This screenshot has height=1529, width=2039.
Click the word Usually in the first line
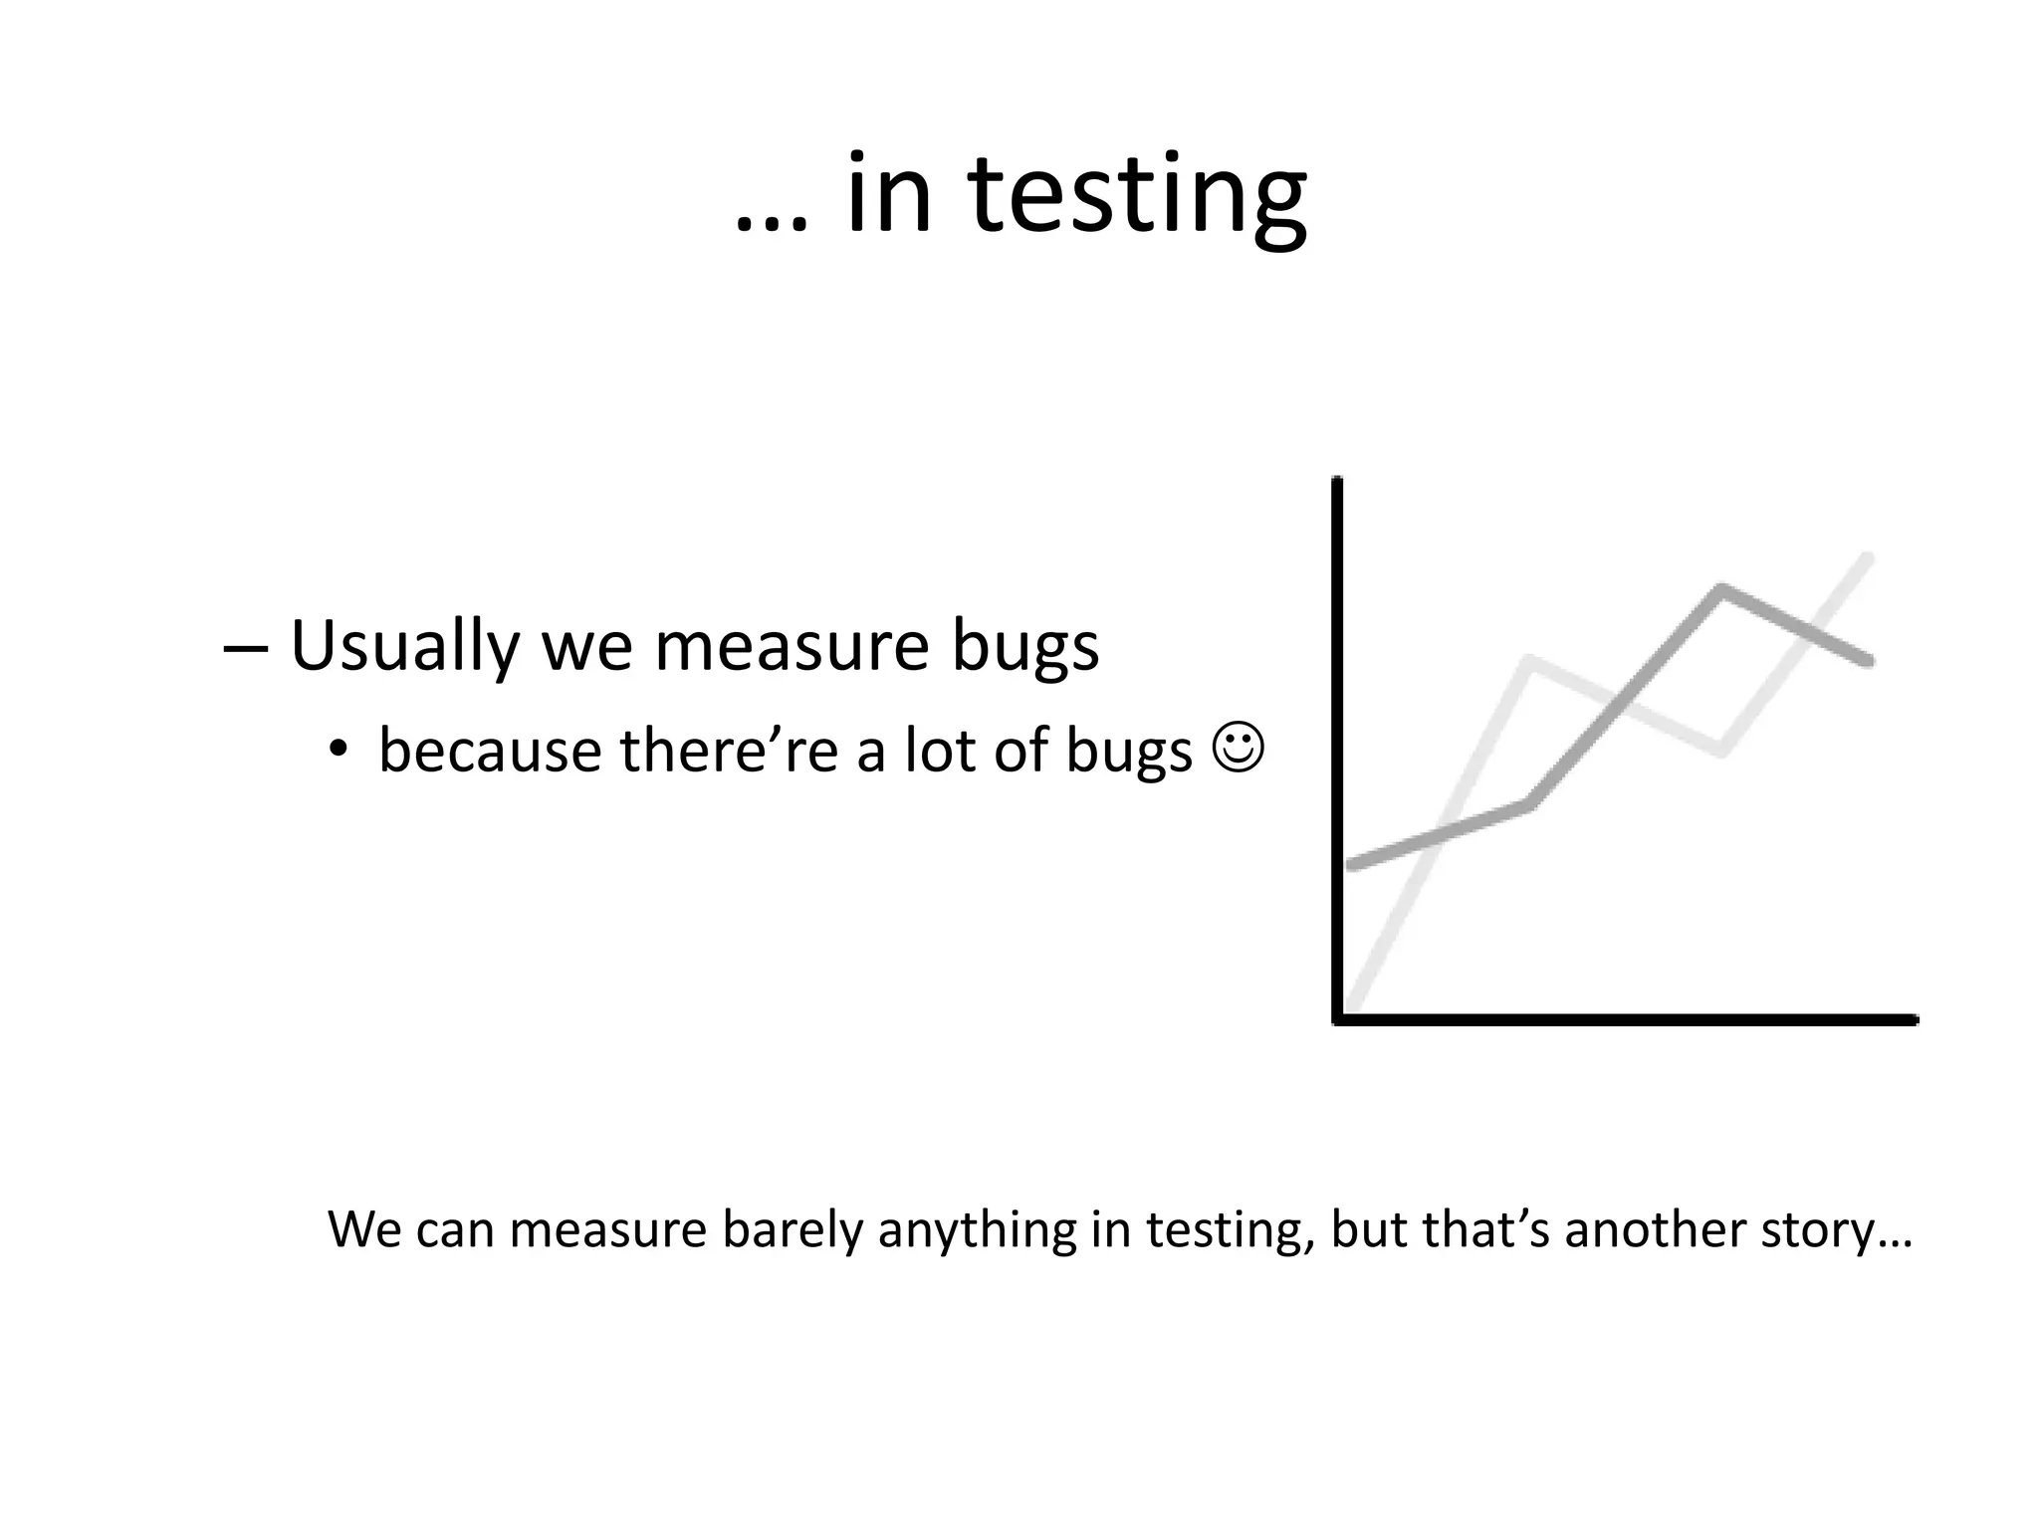[x=404, y=647]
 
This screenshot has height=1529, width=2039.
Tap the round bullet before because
[x=339, y=752]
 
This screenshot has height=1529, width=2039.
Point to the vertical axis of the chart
[x=1337, y=747]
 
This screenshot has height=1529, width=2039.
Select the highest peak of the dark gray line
[x=1721, y=589]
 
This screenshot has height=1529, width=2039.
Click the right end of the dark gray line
[x=1869, y=660]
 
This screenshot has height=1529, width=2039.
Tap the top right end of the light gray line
[x=1868, y=559]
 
